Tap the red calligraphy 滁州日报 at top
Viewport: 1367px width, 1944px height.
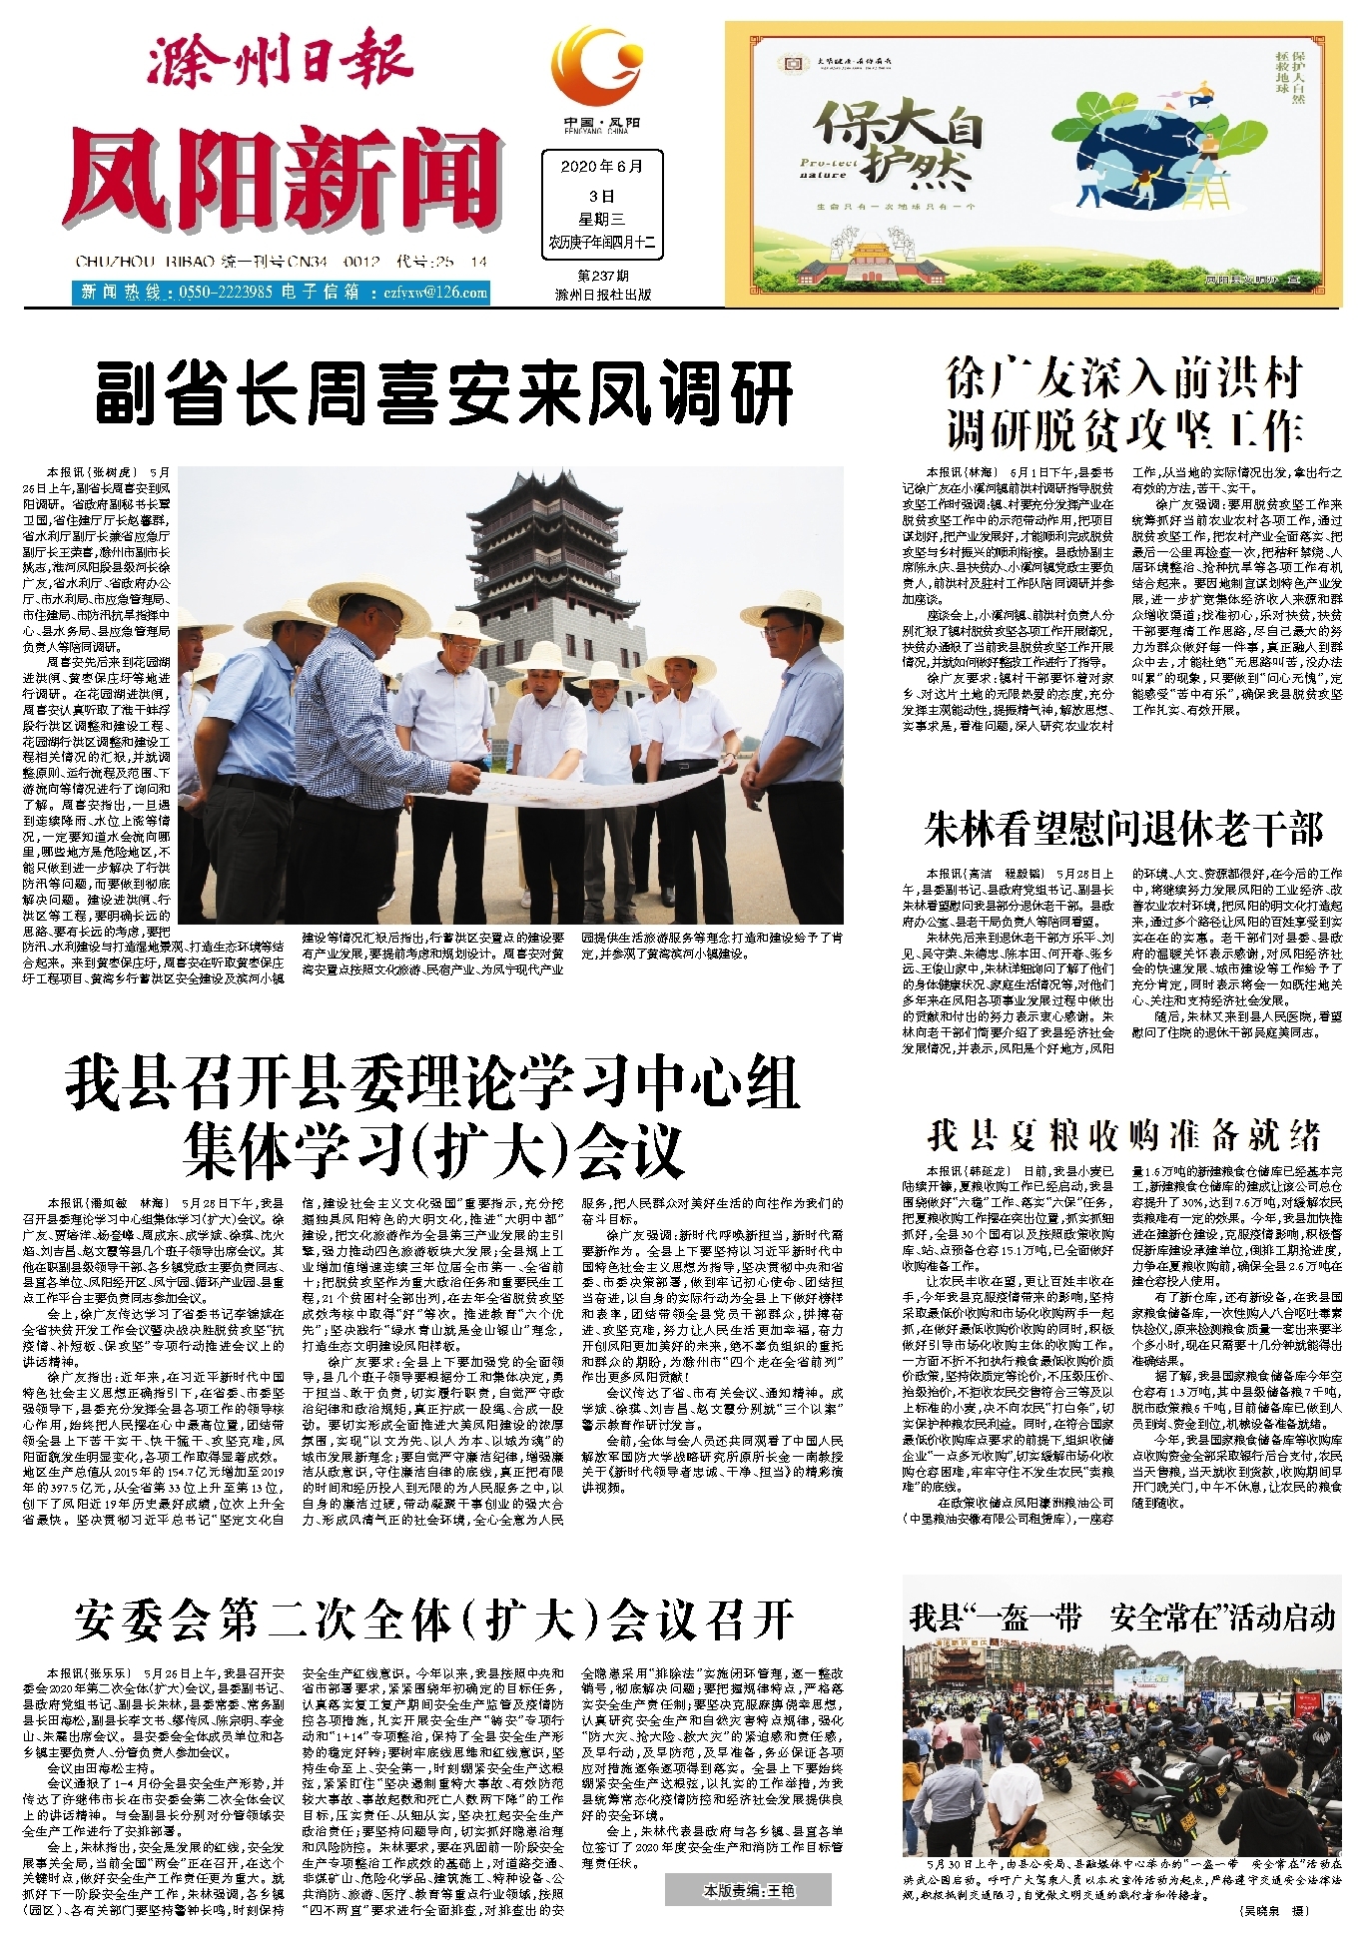282,62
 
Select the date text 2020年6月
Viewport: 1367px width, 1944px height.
601,167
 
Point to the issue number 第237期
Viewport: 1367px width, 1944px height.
602,276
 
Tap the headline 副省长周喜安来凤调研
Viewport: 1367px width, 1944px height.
443,395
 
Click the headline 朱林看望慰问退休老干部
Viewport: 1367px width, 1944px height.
1123,830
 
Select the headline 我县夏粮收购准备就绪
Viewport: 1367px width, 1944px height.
1123,1135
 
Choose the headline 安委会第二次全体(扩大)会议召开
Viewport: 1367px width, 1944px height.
434,1620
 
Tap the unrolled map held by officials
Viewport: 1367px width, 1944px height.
589,783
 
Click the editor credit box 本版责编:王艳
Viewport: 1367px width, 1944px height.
749,1890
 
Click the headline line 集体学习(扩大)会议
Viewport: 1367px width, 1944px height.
434,1149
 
